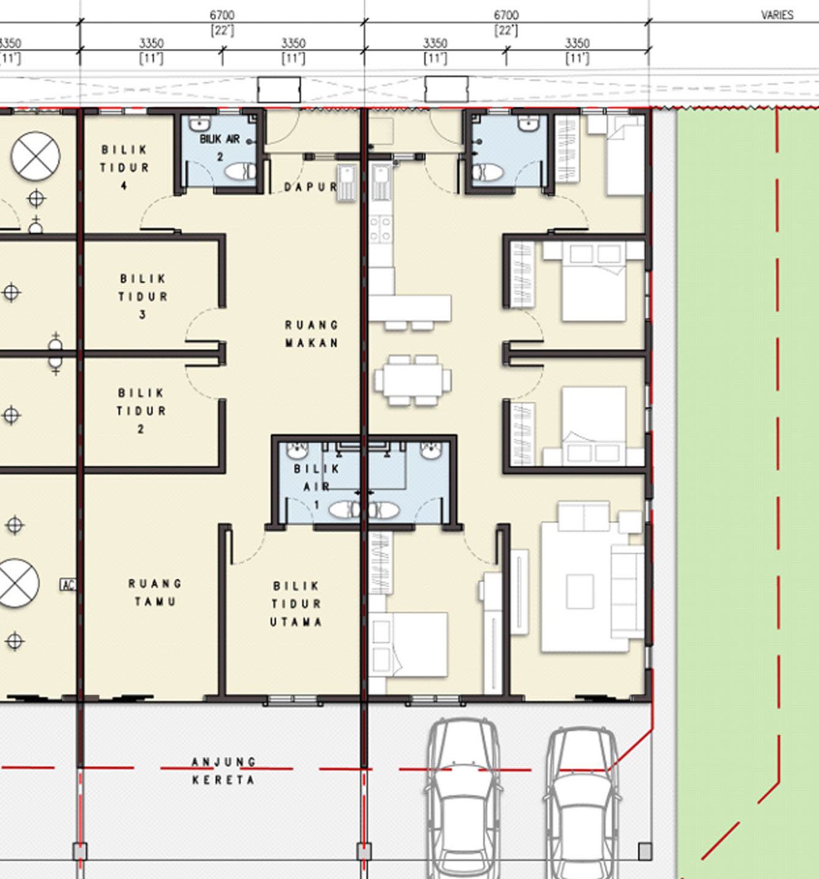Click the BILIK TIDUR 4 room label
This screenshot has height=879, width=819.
tap(124, 168)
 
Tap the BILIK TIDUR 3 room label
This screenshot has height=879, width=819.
tap(143, 296)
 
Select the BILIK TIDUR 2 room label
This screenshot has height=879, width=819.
tap(141, 411)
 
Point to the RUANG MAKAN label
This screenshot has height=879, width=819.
tap(311, 334)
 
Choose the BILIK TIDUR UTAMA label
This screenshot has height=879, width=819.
tap(296, 604)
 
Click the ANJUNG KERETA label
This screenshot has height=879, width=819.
tap(224, 770)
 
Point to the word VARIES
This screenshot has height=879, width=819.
tap(777, 15)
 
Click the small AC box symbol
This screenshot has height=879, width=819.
tap(67, 584)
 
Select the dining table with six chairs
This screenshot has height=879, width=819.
tap(413, 380)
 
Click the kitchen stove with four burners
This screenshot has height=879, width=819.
tap(380, 229)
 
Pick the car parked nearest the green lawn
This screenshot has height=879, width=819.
tap(582, 803)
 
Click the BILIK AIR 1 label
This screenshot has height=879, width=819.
tap(316, 486)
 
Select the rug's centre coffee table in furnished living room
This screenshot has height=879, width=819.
tap(580, 591)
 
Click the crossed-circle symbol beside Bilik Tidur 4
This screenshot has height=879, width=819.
tap(35, 156)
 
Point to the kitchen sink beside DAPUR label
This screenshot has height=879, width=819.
tap(346, 183)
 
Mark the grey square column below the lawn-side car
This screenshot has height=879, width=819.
tap(645, 852)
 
